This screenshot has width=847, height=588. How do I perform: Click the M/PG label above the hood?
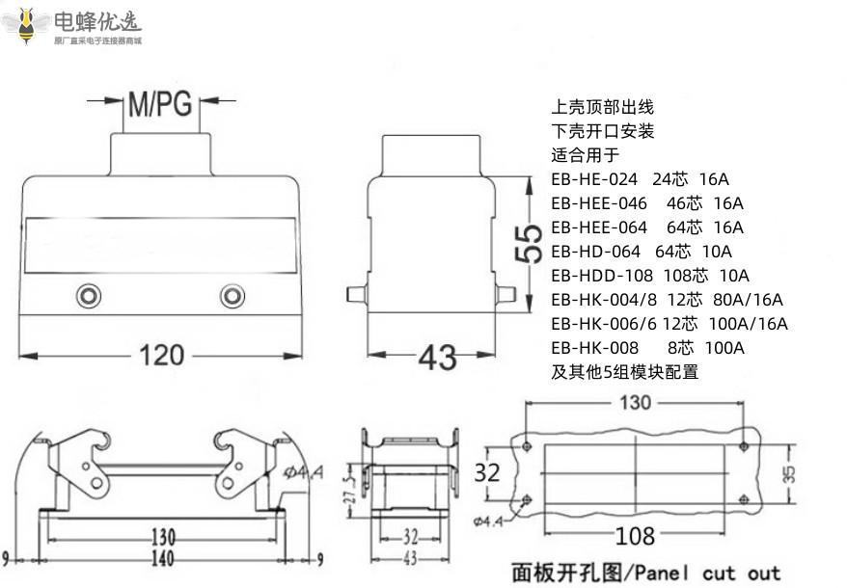pos(161,102)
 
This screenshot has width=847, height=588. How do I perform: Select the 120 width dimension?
pos(162,355)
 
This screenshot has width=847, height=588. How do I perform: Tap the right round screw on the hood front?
pos(232,295)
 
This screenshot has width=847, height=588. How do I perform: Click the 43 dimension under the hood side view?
pos(437,357)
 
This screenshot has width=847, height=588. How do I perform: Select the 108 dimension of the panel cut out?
pos(635,535)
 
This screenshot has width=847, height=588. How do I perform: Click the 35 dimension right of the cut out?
pos(789,473)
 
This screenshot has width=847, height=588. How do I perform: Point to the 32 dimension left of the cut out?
pos(488,472)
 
